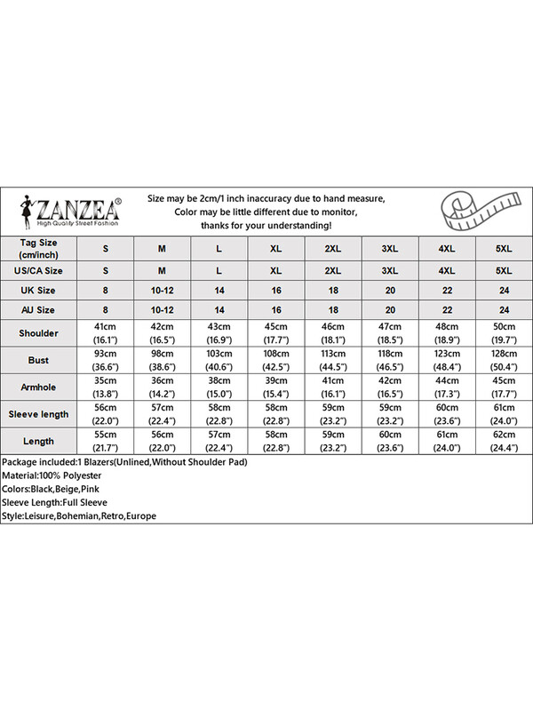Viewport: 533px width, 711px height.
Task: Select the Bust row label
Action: (x=36, y=360)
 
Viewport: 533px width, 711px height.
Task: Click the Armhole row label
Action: (x=36, y=387)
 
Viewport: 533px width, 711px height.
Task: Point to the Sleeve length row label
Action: (x=36, y=414)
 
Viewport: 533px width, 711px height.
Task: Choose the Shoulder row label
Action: (x=36, y=333)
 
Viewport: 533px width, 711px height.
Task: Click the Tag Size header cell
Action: (x=36, y=246)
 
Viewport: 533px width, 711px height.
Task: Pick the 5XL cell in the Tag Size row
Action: (x=503, y=246)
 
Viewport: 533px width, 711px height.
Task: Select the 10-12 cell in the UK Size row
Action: (x=163, y=290)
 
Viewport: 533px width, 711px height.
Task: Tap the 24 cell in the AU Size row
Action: (x=503, y=309)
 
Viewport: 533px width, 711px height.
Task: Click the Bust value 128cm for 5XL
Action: (x=503, y=355)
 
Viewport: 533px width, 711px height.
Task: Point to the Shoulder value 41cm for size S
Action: (x=106, y=328)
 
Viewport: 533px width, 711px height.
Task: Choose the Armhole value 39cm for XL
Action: (x=276, y=382)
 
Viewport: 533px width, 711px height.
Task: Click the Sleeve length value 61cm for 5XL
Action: (x=503, y=409)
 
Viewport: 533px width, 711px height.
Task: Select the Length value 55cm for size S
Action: (x=106, y=435)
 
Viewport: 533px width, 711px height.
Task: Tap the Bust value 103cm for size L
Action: (x=219, y=355)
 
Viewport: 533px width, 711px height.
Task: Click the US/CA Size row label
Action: (x=36, y=270)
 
